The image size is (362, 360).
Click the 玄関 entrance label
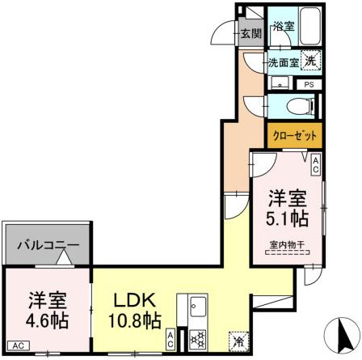click(250, 34)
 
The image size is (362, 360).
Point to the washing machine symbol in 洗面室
click(312, 59)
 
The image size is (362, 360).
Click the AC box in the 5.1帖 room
click(316, 165)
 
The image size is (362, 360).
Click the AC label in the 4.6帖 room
click(17, 345)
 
